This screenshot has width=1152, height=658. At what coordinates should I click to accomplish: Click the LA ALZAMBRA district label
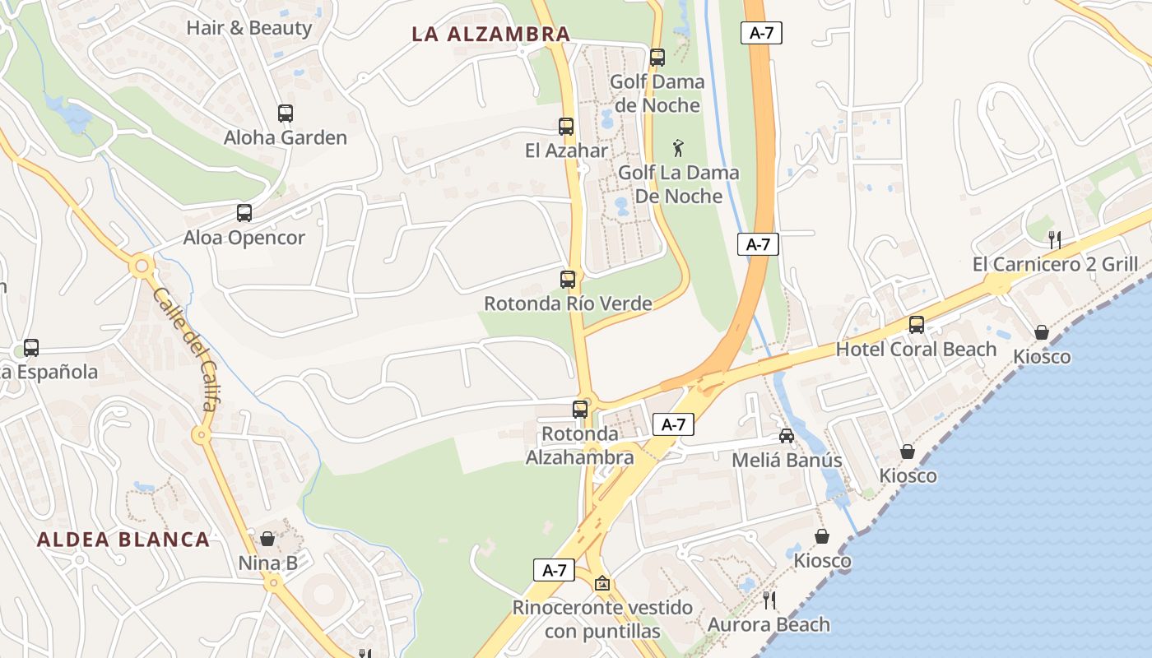pyautogui.click(x=491, y=34)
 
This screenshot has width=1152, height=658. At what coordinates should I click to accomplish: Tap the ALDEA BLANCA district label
pyautogui.click(x=123, y=540)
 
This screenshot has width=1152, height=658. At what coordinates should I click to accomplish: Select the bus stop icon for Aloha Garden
pyautogui.click(x=286, y=114)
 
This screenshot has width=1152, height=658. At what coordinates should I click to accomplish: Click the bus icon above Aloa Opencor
pyautogui.click(x=244, y=213)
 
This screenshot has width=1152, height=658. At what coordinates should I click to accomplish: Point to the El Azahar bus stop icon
pyautogui.click(x=566, y=127)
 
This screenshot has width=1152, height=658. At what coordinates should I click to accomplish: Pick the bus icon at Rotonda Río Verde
pyautogui.click(x=568, y=279)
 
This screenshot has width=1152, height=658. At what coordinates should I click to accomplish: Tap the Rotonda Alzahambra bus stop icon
pyautogui.click(x=580, y=409)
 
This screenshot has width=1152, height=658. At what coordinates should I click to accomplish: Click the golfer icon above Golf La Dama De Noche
pyautogui.click(x=678, y=148)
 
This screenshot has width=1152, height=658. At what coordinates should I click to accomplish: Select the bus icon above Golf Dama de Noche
pyautogui.click(x=657, y=58)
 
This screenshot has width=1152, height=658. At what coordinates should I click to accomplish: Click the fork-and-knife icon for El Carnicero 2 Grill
pyautogui.click(x=1055, y=239)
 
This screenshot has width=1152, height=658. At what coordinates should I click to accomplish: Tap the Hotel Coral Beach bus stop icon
pyautogui.click(x=917, y=325)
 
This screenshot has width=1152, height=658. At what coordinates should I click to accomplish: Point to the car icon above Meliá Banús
pyautogui.click(x=787, y=435)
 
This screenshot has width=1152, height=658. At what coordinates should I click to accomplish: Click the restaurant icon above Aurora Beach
pyautogui.click(x=769, y=600)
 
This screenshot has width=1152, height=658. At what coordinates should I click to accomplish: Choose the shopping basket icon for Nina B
pyautogui.click(x=267, y=539)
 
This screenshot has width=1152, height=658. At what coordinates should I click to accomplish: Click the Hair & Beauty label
pyautogui.click(x=249, y=28)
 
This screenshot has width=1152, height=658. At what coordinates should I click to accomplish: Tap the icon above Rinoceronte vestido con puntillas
pyautogui.click(x=602, y=583)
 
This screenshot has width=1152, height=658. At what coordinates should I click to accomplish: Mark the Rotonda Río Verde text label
pyautogui.click(x=568, y=304)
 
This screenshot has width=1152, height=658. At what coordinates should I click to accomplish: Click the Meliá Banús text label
pyautogui.click(x=787, y=460)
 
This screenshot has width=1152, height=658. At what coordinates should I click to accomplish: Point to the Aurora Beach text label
pyautogui.click(x=769, y=624)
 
